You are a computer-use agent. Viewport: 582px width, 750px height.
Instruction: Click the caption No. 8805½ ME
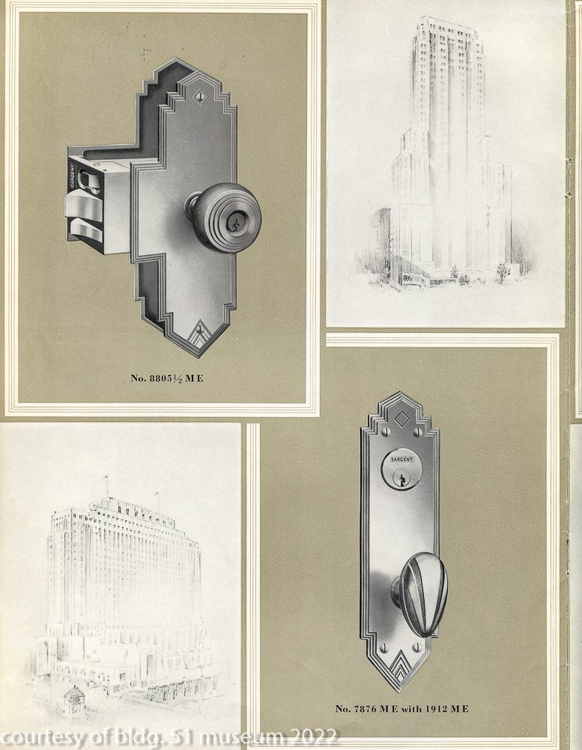[167, 378]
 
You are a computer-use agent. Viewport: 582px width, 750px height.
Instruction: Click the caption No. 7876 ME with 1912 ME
[401, 709]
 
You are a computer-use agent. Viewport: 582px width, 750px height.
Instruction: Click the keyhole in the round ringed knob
[234, 223]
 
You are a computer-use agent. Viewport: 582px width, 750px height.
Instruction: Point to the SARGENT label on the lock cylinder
[401, 460]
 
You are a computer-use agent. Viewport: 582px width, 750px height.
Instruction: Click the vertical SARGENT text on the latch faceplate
[73, 178]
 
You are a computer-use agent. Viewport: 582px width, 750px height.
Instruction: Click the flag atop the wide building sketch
[106, 478]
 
